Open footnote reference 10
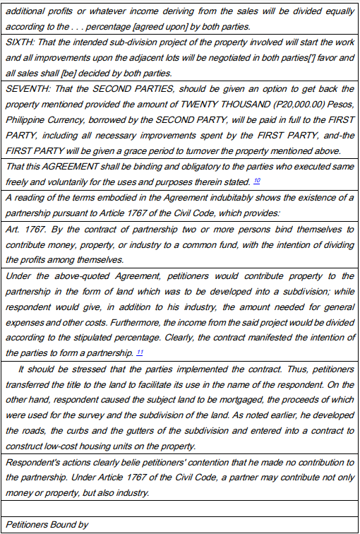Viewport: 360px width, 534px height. click(257, 180)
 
